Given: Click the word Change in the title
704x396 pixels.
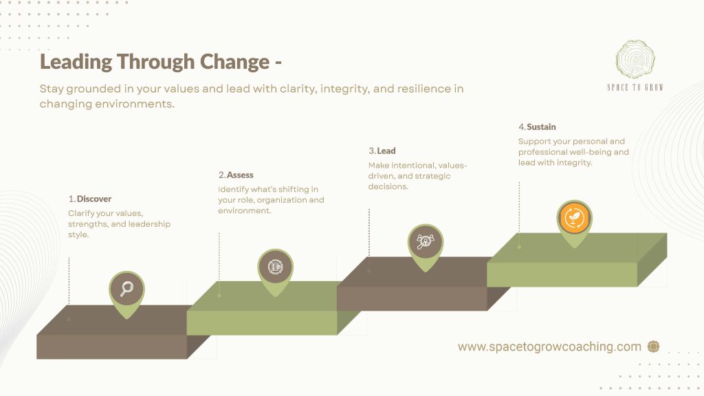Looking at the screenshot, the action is click(234, 62).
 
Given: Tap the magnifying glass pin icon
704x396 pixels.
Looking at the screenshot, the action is click(126, 289).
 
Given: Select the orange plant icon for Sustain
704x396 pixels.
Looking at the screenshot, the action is click(574, 218).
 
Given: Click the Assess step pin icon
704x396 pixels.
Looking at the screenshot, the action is click(275, 267).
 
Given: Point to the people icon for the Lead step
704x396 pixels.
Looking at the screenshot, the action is click(425, 242).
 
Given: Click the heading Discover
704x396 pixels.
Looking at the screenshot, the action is click(93, 199).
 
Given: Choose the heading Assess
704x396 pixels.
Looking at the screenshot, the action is click(240, 175).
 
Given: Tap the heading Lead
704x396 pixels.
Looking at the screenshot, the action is click(386, 151).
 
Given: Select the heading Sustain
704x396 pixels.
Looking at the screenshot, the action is click(541, 127).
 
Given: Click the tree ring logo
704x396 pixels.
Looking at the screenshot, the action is click(635, 59).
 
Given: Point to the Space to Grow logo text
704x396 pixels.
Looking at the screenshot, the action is click(635, 87).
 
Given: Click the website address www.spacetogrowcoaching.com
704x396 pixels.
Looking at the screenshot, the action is click(549, 346).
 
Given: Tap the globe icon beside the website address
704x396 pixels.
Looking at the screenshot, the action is click(653, 346).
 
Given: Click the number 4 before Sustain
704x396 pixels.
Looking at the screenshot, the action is click(521, 127).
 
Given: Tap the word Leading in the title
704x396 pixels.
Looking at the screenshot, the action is click(76, 62).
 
